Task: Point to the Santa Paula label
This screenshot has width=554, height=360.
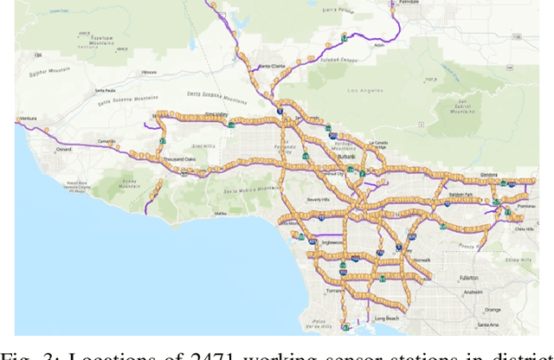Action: point(106,90)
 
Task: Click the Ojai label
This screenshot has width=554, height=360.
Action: point(37,54)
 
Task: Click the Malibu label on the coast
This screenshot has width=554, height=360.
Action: point(221,213)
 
